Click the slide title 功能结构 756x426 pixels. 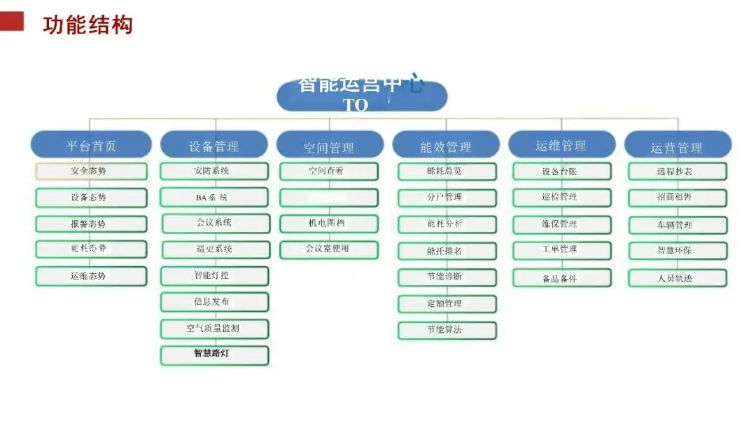[87, 25]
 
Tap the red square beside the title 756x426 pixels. [12, 22]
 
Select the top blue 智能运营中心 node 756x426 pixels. [361, 96]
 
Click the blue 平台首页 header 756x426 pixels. [91, 145]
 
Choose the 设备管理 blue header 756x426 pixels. [213, 146]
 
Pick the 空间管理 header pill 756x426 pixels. [329, 146]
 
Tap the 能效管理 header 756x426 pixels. [445, 146]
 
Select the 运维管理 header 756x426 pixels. [561, 145]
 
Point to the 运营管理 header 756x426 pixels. [676, 146]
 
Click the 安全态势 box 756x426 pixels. [91, 171]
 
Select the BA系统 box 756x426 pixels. [213, 198]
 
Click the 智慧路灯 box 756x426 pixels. [213, 355]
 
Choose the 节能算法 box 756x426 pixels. [447, 330]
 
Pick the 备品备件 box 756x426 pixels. [561, 278]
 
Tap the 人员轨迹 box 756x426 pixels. [676, 277]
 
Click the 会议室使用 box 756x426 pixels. [329, 249]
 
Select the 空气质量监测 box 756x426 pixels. [213, 329]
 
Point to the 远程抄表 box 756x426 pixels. [676, 171]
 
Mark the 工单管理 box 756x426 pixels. [561, 250]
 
